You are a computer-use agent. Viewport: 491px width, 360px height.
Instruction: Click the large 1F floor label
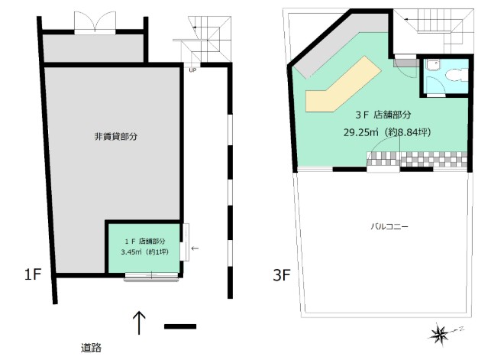pyautogui.click(x=33, y=274)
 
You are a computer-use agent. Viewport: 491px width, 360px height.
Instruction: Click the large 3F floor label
pyautogui.click(x=282, y=275)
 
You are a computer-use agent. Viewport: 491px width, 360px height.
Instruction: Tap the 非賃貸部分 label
pyautogui.click(x=116, y=136)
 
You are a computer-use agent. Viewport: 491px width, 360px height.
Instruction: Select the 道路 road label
pyautogui.click(x=91, y=348)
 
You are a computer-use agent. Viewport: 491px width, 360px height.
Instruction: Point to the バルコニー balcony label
pyautogui.click(x=389, y=226)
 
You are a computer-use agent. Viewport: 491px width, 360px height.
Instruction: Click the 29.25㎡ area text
pyautogui.click(x=360, y=132)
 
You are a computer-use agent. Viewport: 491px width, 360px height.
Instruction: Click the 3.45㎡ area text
pyautogui.click(x=131, y=251)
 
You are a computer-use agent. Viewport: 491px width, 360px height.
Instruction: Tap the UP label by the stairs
pyautogui.click(x=192, y=70)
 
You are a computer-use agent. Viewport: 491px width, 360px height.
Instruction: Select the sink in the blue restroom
pyautogui.click(x=433, y=65)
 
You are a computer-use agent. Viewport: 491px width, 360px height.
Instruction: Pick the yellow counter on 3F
pyautogui.click(x=343, y=84)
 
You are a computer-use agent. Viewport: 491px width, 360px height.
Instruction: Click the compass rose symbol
pyautogui.click(x=438, y=334)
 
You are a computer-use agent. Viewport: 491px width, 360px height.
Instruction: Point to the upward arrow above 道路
pyautogui.click(x=139, y=323)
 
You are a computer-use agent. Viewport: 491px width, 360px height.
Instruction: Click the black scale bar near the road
pyautogui.click(x=180, y=326)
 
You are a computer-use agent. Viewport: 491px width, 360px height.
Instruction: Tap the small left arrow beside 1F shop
pyautogui.click(x=195, y=248)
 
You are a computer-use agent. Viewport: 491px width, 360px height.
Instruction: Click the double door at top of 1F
pyautogui.click(x=95, y=23)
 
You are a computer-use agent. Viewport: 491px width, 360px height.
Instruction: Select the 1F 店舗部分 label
pyautogui.click(x=145, y=242)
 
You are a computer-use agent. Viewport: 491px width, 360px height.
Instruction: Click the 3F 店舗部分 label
pyautogui.click(x=383, y=115)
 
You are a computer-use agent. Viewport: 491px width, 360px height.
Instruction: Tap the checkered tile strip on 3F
pyautogui.click(x=417, y=159)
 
